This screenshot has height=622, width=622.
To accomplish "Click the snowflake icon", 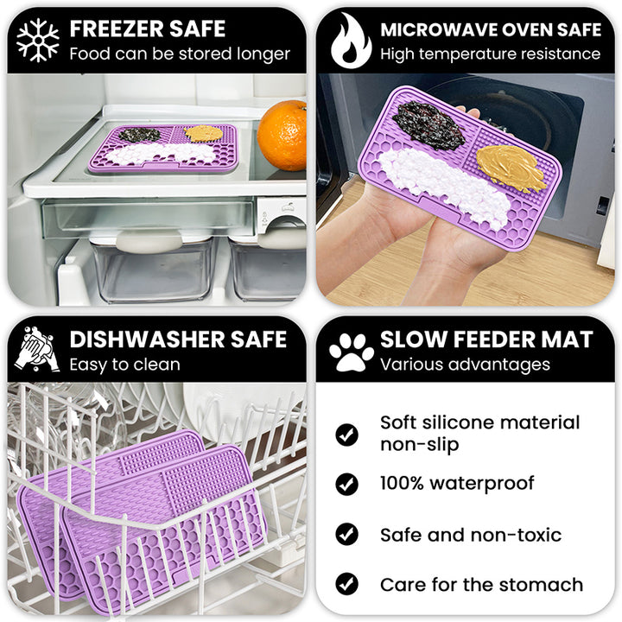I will click(38, 40).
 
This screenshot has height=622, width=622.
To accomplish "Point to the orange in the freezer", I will click(282, 135).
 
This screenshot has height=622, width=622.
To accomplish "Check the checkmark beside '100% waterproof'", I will click(347, 484).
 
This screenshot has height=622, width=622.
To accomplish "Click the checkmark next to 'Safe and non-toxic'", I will click(347, 534).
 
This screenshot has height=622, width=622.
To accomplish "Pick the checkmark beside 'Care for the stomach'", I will click(347, 584).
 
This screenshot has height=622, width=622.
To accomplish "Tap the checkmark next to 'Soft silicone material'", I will click(347, 434).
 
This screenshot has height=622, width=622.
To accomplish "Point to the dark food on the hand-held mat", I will click(428, 126).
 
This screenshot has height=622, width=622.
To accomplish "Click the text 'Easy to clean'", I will click(124, 365).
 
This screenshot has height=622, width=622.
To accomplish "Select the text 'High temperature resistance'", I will click(490, 54).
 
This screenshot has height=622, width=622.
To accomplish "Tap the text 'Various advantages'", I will click(465, 365).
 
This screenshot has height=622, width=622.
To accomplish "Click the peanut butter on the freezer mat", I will click(204, 133).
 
